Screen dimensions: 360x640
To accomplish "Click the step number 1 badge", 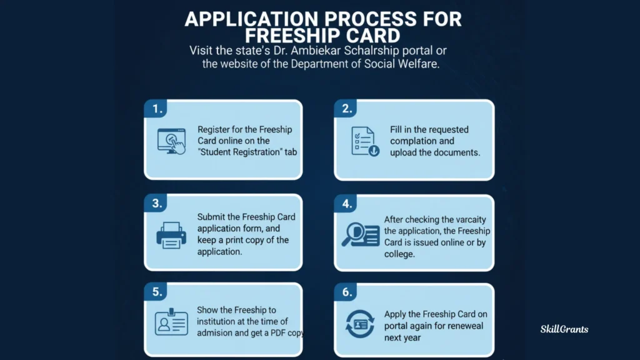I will [x=157, y=109].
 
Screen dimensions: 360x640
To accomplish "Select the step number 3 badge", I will [x=157, y=203].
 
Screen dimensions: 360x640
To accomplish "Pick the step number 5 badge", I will [x=157, y=291].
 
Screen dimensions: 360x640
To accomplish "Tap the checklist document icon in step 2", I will [x=364, y=141].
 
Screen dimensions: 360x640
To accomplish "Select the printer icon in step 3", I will [x=171, y=236].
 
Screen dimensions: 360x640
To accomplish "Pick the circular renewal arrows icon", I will [x=361, y=324].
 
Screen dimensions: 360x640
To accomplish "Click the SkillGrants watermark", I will [x=564, y=329].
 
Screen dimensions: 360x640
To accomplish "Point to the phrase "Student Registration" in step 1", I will [x=240, y=152].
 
